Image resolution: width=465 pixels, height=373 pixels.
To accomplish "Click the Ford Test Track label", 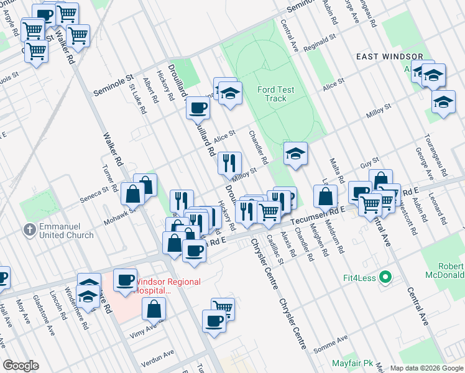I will pos(275,94).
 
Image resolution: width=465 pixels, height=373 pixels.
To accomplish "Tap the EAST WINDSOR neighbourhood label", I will pos(390,57).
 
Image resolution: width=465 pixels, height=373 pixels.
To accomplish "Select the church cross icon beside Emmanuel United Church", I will pos(29,229).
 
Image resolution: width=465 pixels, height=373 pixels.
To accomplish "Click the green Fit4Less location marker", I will pos(385,277).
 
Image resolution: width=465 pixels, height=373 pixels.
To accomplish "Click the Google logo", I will pos(21,366).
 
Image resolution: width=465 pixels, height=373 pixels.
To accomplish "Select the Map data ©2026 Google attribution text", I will pos(426,368).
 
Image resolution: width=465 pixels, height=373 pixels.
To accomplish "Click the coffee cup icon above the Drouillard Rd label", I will pos(198,107).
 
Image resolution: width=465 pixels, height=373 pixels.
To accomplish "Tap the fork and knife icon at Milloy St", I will pos(229,163).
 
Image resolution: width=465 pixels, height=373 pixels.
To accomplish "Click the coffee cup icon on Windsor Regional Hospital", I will pos(125,280).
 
